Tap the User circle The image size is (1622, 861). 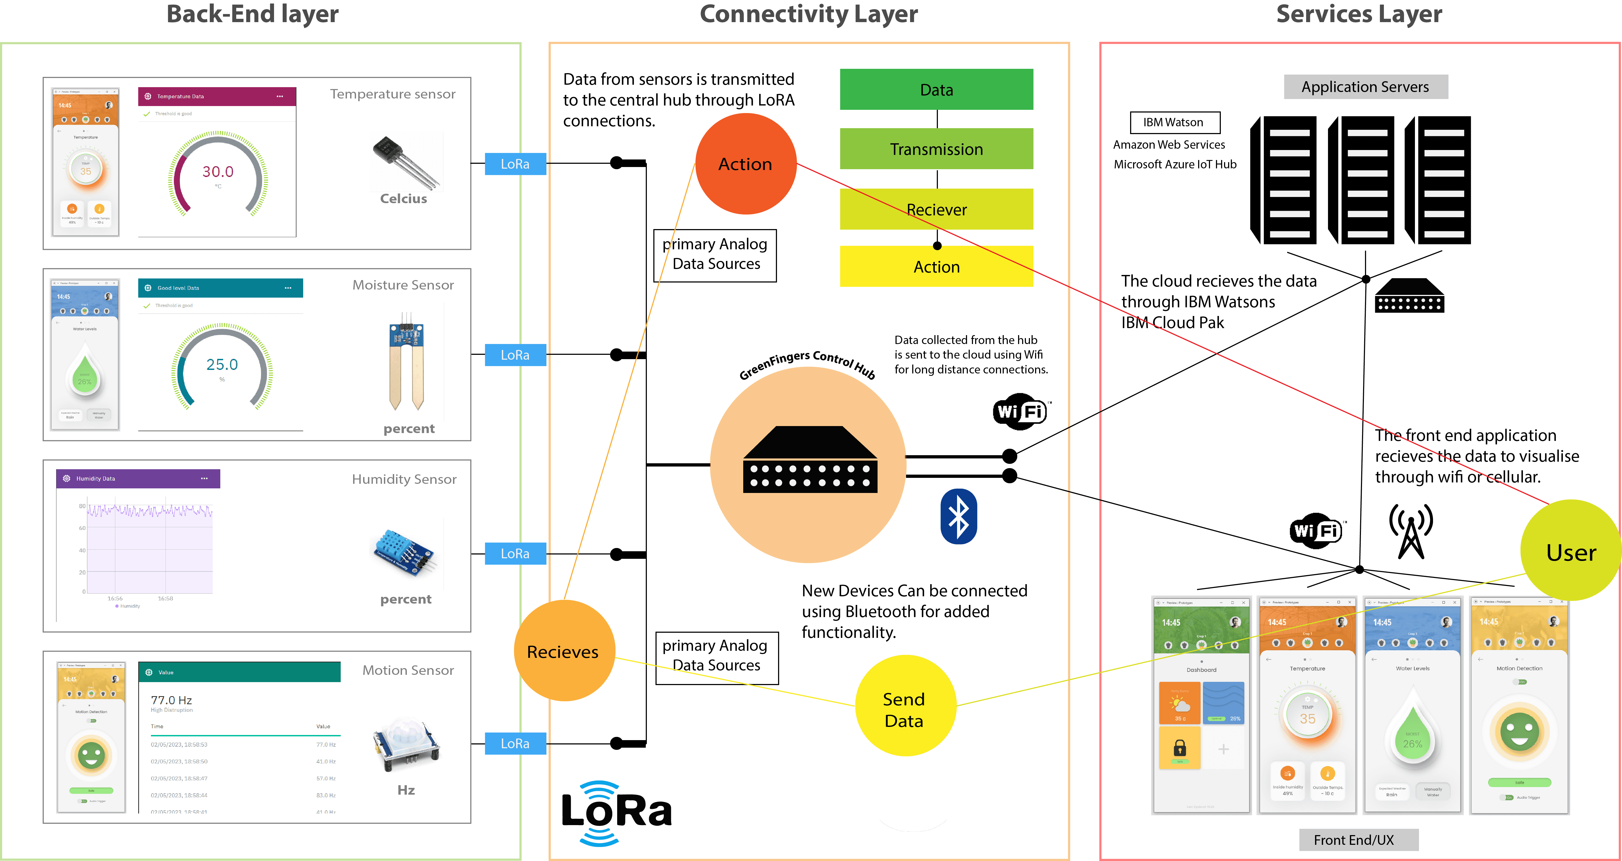pos(1570,551)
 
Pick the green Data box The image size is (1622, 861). pos(936,89)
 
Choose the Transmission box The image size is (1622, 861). pos(936,149)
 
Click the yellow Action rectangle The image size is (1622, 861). pos(936,267)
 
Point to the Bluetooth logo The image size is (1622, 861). pos(958,517)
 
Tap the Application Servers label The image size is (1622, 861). pos(1365,87)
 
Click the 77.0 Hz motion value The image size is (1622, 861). pos(171,700)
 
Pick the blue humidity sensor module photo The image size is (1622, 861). pos(406,553)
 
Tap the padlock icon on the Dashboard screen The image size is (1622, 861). pos(1179,748)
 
